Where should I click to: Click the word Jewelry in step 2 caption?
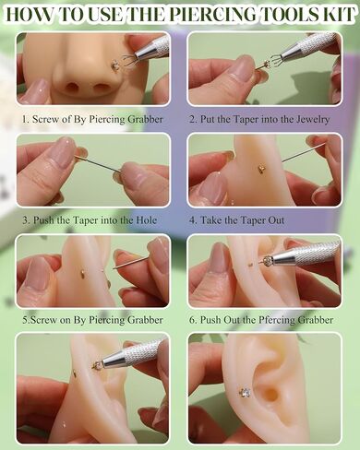[313, 119]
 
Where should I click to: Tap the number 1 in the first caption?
[25, 119]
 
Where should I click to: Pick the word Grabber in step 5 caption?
[145, 320]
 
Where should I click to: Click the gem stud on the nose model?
[114, 65]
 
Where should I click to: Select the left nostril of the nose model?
[73, 88]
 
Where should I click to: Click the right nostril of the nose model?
[100, 89]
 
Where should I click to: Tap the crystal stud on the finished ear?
[246, 392]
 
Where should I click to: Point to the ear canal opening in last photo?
[270, 395]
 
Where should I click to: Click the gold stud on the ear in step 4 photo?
[260, 169]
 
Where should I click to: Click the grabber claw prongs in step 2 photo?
[271, 60]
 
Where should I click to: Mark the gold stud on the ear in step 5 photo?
[83, 273]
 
